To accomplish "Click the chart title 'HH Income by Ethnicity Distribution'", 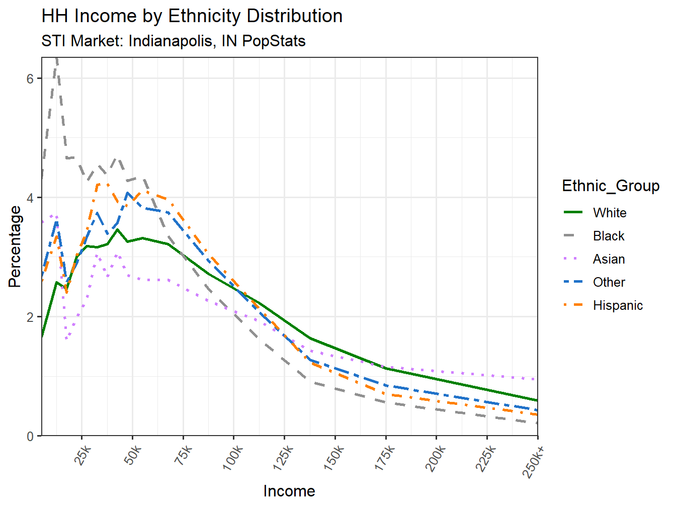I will click(192, 16).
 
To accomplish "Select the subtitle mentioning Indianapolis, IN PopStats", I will click(173, 41).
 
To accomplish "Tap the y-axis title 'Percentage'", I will click(15, 246).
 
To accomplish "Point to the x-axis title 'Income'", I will click(289, 491).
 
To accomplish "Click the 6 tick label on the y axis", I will click(31, 78).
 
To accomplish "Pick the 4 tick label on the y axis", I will click(31, 198).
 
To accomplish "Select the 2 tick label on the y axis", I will click(31, 317).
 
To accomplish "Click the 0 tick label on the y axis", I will click(31, 436).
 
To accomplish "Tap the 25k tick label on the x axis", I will click(82, 456).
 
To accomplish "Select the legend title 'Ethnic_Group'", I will click(611, 186).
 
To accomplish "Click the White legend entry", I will click(609, 213).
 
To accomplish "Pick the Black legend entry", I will click(608, 236).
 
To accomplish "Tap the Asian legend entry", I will click(609, 259).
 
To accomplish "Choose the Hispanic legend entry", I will click(617, 305).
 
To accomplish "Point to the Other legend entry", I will click(609, 282).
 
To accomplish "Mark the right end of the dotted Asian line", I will click(537, 379).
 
